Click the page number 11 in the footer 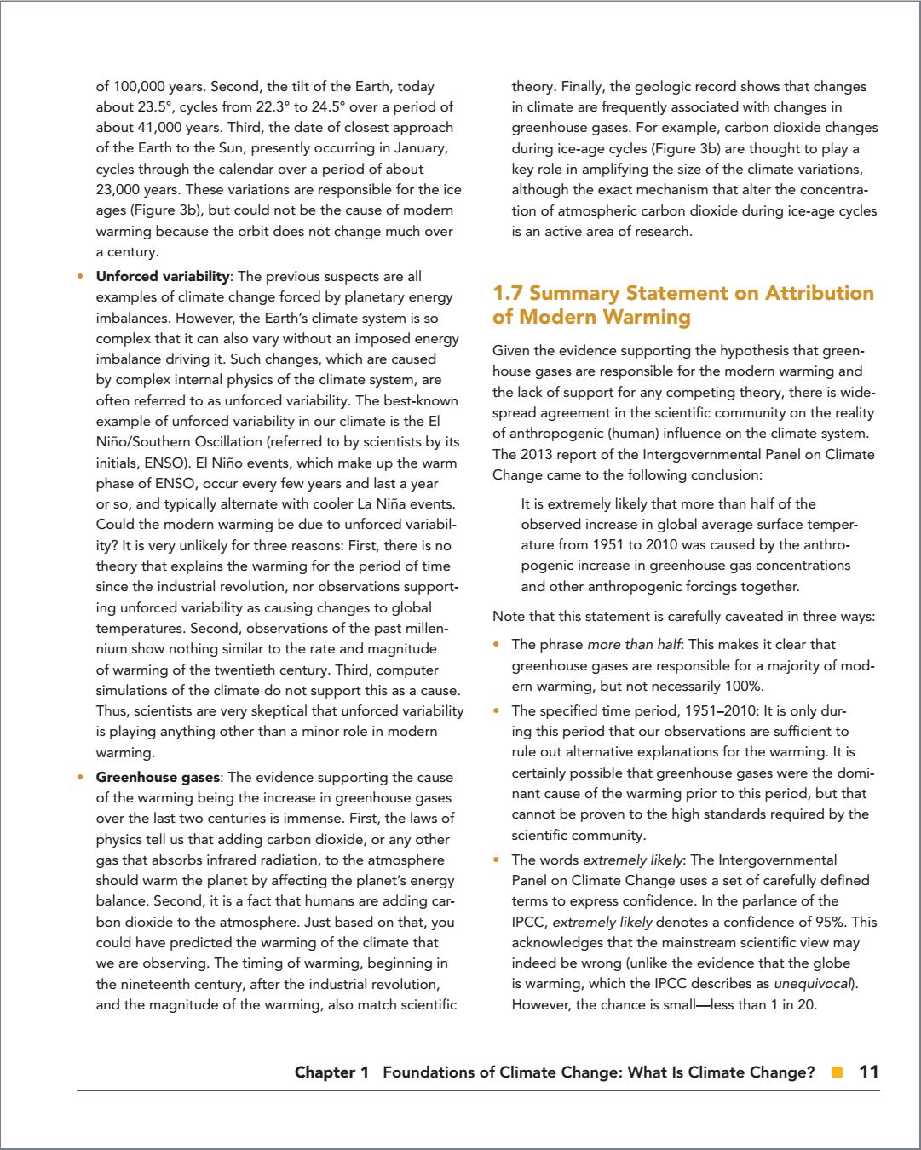point(868,1072)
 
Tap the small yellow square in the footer point(838,1072)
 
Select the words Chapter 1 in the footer point(331,1072)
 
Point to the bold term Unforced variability point(163,277)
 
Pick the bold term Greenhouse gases point(158,777)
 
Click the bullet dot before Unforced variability point(81,277)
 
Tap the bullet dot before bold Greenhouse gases point(81,777)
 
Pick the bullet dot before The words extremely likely point(497,860)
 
